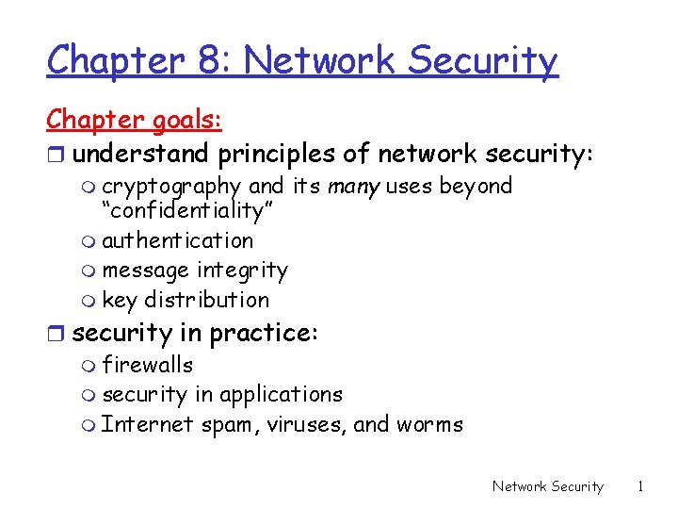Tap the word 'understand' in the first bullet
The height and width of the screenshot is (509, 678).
coord(142,152)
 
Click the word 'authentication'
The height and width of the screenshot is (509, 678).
coord(178,241)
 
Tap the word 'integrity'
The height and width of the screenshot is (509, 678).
coord(242,271)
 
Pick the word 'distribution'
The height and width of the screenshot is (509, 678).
coord(206,300)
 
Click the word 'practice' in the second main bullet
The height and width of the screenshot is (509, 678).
coord(263,333)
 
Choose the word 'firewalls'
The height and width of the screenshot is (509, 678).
coord(147,365)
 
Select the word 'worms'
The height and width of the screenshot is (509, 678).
coord(430,425)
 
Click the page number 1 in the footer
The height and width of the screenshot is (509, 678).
coord(640,486)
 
